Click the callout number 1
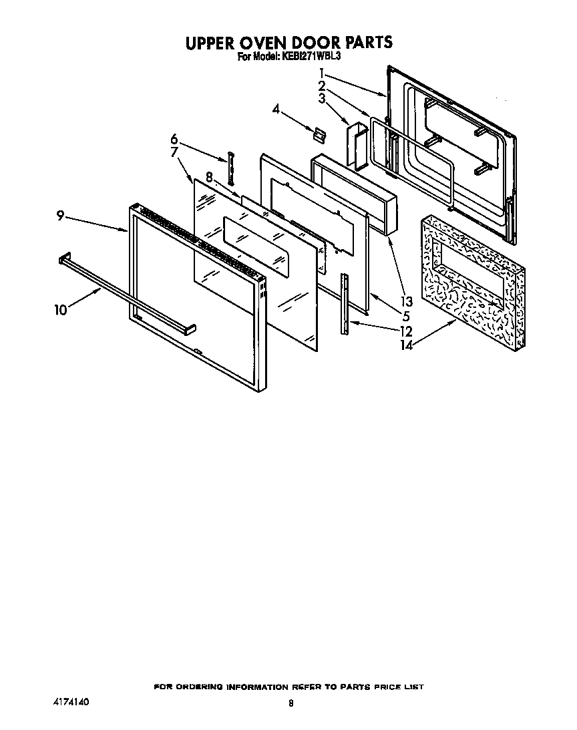[323, 73]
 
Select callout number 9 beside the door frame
[60, 216]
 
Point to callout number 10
[61, 310]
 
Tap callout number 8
[209, 178]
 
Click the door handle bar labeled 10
[127, 295]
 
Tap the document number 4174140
[71, 703]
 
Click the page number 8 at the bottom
[291, 703]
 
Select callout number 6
[174, 140]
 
